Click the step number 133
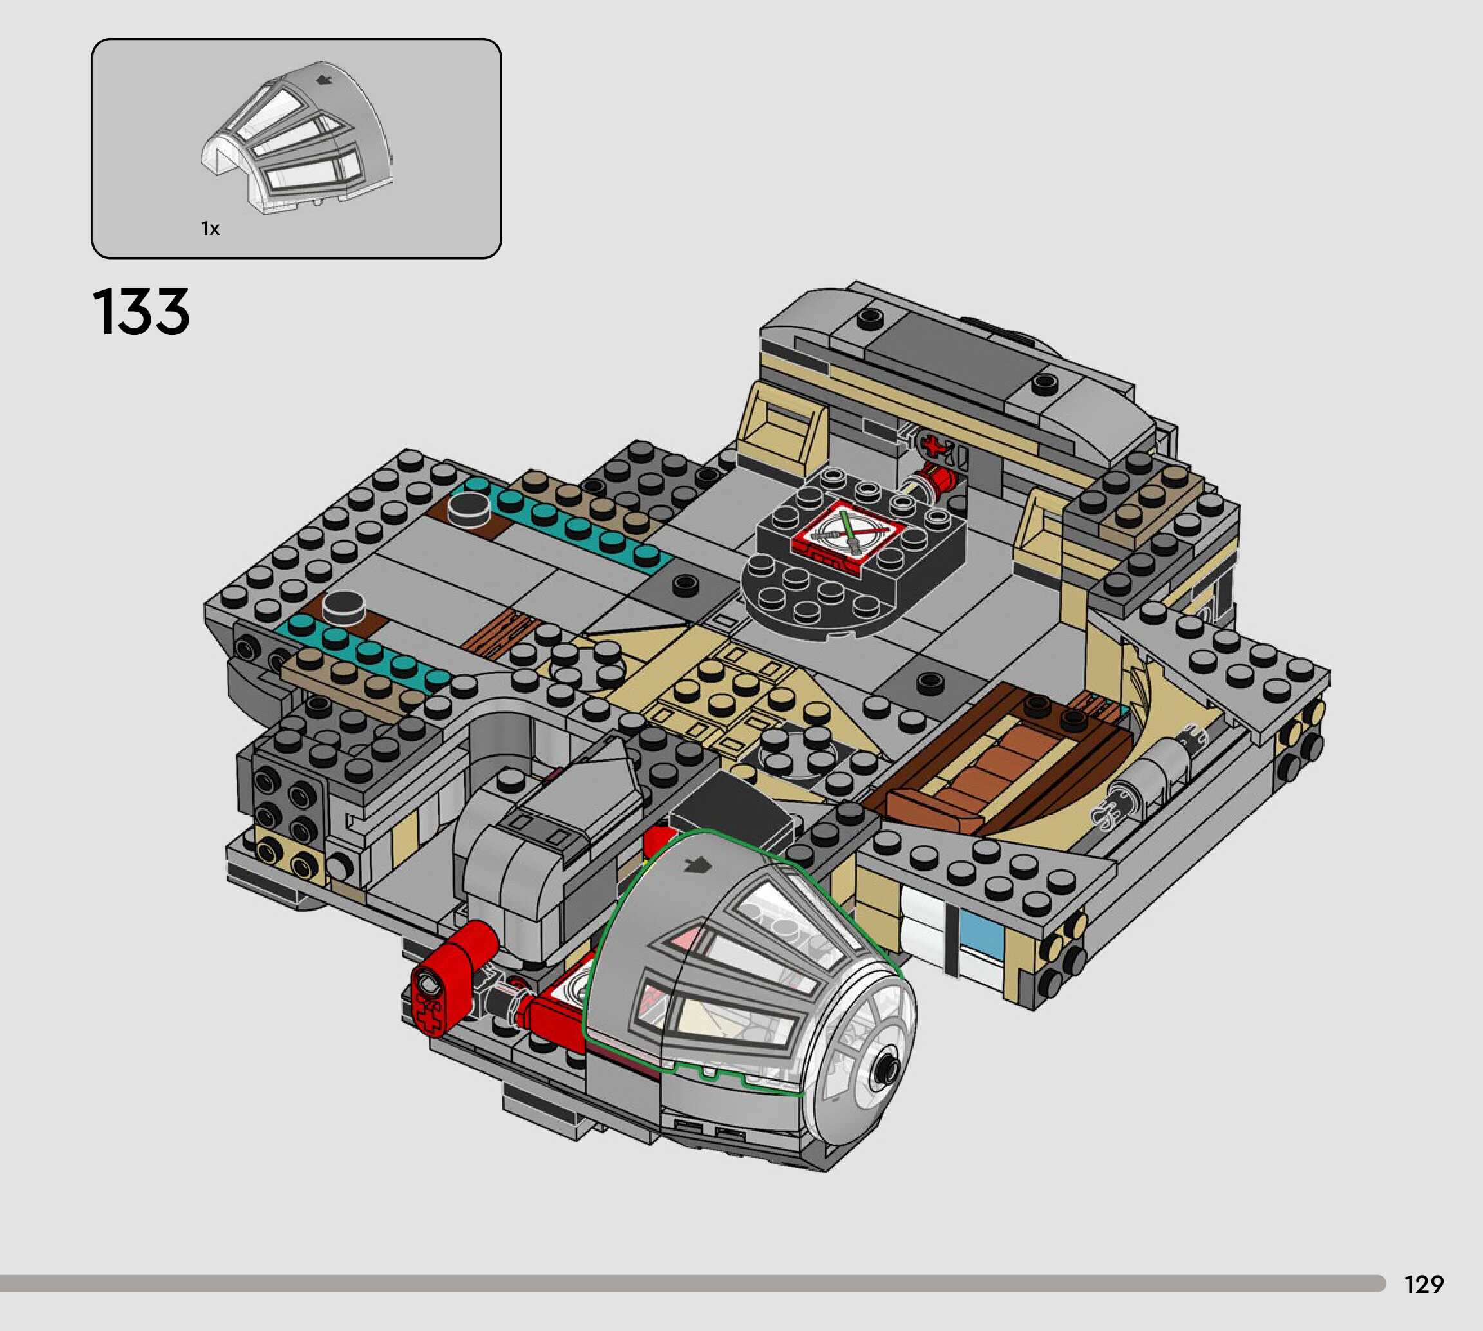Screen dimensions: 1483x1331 pyautogui.click(x=141, y=312)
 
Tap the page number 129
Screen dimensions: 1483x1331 pyautogui.click(x=1424, y=1284)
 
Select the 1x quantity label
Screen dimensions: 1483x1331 pyautogui.click(x=210, y=229)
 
